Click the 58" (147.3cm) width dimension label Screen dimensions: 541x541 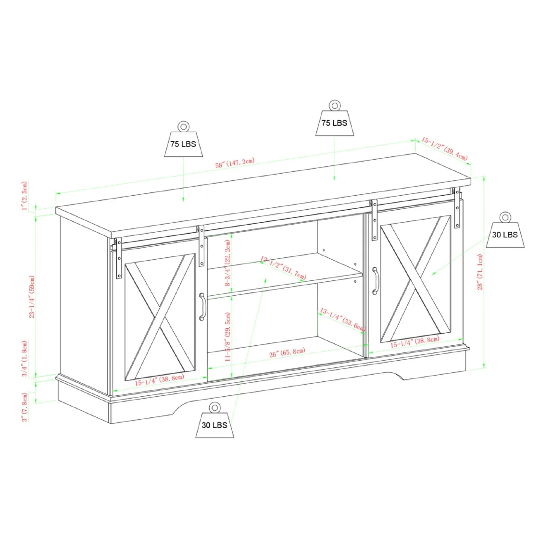[x=235, y=163]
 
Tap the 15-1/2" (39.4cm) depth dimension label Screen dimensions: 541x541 [x=444, y=148]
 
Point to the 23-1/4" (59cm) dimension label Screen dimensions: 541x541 [x=32, y=297]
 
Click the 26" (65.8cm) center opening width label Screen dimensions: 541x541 [x=287, y=353]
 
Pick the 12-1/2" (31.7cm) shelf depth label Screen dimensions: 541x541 [x=283, y=268]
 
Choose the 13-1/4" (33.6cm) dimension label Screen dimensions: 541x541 [x=342, y=319]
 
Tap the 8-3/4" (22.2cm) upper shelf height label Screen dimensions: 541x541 [x=228, y=263]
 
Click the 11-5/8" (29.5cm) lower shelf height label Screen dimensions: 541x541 [x=228, y=337]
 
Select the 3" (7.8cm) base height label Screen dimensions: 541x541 [x=25, y=407]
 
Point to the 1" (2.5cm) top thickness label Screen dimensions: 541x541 [x=25, y=196]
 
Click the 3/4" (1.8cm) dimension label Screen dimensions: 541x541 [x=25, y=358]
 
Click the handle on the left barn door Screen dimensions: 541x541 [x=202, y=307]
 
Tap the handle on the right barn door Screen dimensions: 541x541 [x=375, y=281]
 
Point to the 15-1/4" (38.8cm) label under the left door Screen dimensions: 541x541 [x=160, y=380]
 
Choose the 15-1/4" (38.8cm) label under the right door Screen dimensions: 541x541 [x=415, y=342]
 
